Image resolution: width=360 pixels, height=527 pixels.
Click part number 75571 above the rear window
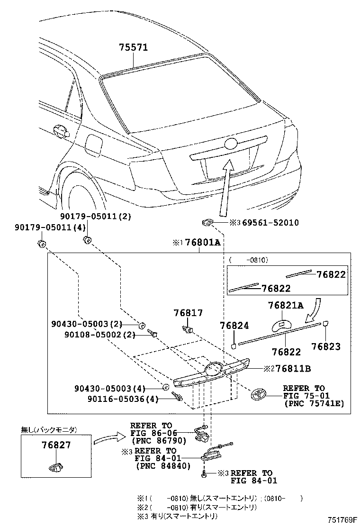coord(133,47)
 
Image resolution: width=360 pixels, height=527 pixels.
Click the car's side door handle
coord(61,131)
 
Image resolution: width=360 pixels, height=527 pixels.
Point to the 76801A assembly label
coord(202,243)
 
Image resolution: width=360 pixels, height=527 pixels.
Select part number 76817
coord(188,313)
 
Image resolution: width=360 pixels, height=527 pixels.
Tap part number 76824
coord(234,326)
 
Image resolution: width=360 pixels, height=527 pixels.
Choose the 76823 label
coord(326,346)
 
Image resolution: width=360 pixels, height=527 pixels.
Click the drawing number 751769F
coord(337,520)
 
